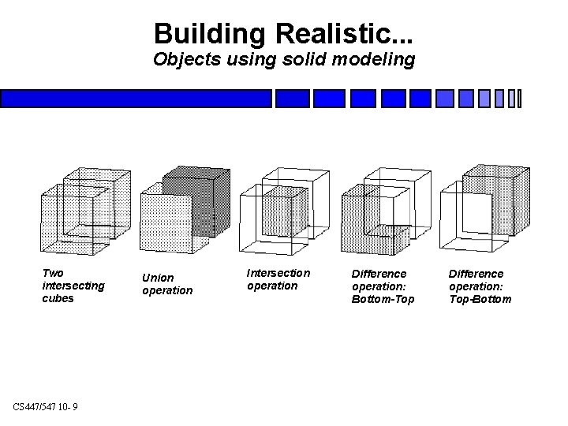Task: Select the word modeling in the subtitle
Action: (370, 59)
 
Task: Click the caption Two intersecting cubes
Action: (73, 286)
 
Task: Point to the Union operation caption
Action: (166, 284)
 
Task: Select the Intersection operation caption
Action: (278, 279)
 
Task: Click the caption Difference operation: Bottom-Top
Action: (383, 286)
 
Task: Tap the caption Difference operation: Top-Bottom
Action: (480, 286)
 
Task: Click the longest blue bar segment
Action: (136, 99)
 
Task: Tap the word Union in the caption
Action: (157, 278)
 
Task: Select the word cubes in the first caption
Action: (58, 299)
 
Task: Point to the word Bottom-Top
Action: (383, 300)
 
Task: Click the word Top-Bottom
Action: (480, 300)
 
